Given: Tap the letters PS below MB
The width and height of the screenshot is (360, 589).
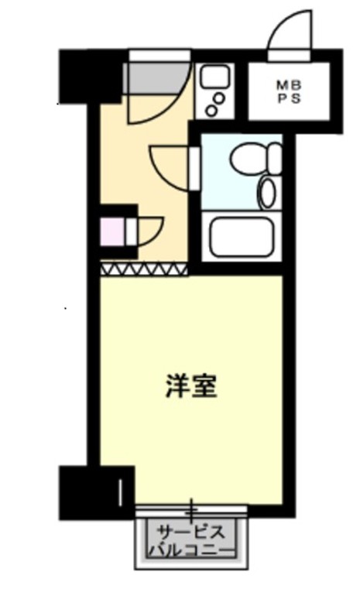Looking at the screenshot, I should (x=286, y=98).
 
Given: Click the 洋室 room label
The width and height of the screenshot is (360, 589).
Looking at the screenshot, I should (x=191, y=386).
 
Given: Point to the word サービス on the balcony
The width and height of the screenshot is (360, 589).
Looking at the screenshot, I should (x=191, y=532).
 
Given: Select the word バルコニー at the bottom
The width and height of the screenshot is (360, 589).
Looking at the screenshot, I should (x=191, y=551).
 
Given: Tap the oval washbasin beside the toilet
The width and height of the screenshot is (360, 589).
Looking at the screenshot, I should (x=268, y=191).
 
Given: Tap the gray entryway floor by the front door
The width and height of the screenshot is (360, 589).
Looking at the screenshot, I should (x=152, y=77).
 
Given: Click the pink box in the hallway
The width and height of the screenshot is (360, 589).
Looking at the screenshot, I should (x=111, y=231).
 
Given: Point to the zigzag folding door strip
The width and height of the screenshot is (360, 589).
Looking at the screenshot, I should (x=144, y=269).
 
